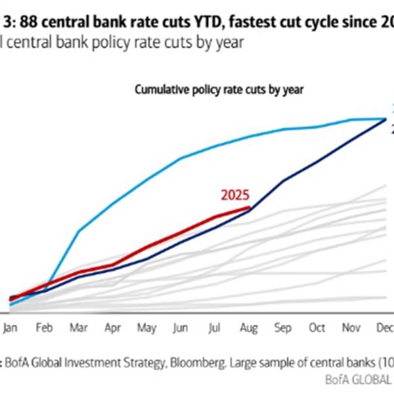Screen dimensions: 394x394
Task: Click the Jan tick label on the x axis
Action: pos(11,327)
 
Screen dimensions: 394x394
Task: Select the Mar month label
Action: pos(80,327)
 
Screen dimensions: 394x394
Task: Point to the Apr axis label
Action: pos(114,327)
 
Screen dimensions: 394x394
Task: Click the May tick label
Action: pos(147,327)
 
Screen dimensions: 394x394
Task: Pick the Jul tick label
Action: pos(215,327)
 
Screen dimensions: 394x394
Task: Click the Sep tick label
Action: pos(283,327)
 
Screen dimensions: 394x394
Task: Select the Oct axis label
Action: pos(317,327)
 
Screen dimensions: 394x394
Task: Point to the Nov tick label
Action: pos(351,327)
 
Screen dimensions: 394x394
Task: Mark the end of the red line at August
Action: pos(250,208)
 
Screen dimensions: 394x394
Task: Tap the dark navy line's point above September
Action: pos(283,181)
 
